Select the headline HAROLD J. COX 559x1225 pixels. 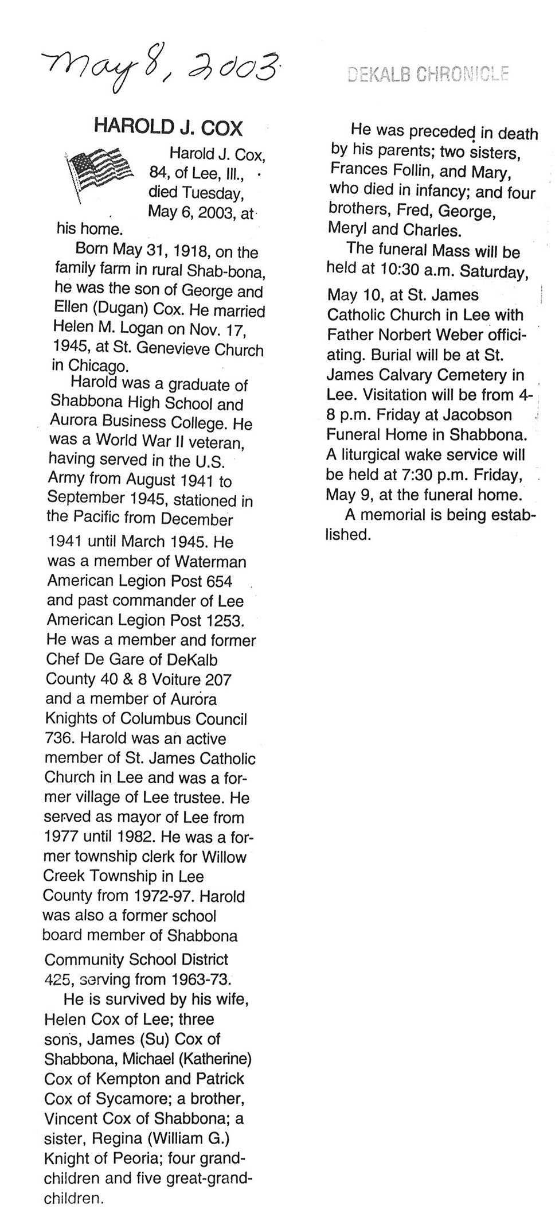click(x=168, y=126)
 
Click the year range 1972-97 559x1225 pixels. click(x=163, y=895)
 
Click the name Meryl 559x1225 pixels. click(x=347, y=230)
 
